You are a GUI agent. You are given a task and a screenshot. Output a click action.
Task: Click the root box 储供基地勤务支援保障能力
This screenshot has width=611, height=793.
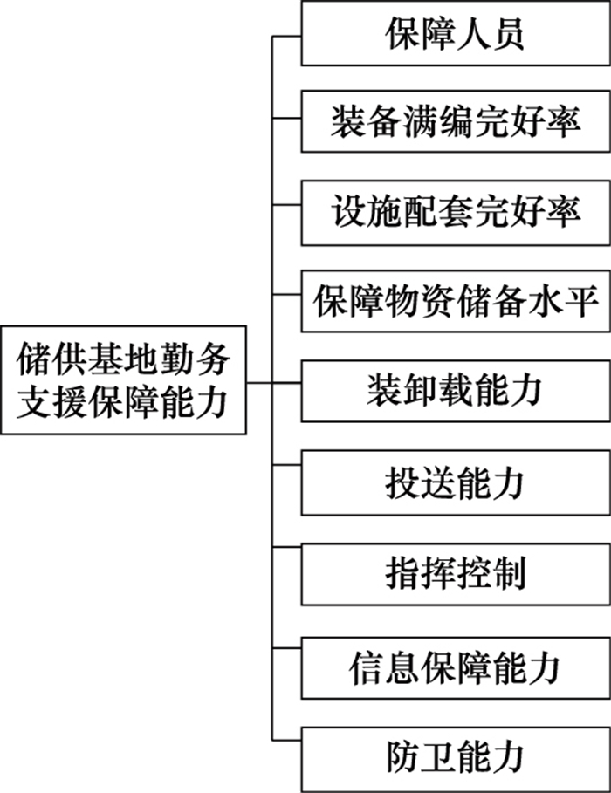pos(123,380)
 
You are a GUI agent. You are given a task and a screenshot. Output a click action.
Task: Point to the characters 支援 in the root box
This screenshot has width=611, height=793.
pos(43,402)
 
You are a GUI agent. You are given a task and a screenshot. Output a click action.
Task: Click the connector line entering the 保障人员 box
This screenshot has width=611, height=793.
pos(287,36)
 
